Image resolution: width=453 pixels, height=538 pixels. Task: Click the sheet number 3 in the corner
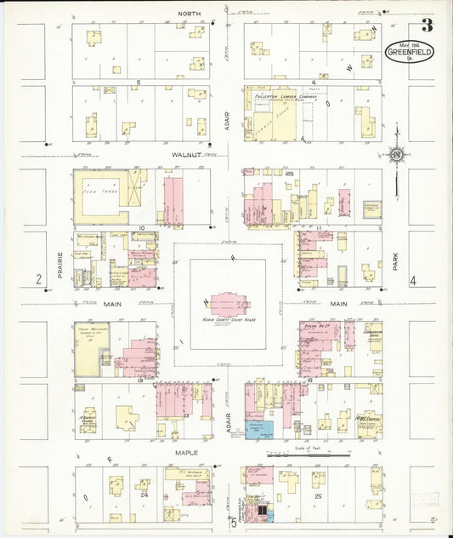[x=428, y=25]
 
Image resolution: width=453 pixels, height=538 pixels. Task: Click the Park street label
[x=395, y=256]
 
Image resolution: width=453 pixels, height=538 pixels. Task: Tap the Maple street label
[x=185, y=452]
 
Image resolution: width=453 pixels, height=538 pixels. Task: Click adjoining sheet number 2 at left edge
[x=38, y=279]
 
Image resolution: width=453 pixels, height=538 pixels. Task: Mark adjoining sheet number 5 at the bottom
[x=233, y=523]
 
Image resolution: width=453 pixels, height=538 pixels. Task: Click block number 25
[x=318, y=495]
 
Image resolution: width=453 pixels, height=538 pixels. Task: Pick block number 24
[x=144, y=493]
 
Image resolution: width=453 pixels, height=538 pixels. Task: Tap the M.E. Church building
[x=366, y=422]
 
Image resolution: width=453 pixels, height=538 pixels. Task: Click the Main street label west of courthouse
[x=112, y=302]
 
